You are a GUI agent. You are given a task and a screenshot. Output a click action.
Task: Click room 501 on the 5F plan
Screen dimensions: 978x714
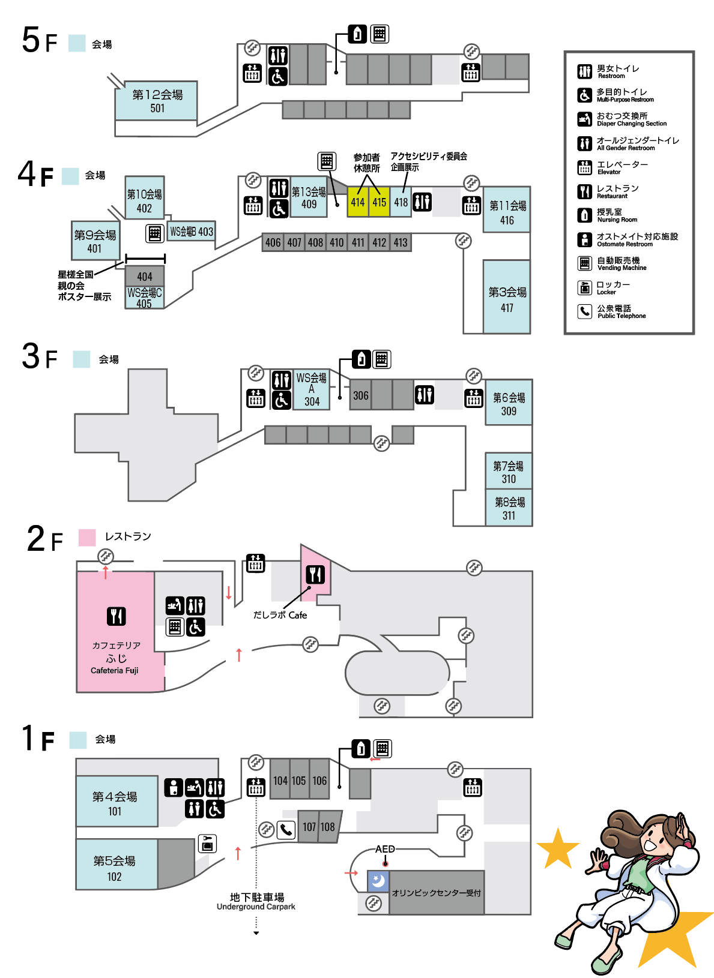coord(156,101)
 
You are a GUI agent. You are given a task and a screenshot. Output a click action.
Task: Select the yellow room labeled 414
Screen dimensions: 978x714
coord(358,202)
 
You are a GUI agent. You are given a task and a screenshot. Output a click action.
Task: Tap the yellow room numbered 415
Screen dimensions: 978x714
coord(379,202)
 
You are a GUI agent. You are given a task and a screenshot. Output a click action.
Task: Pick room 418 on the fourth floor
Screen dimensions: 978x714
coord(401,202)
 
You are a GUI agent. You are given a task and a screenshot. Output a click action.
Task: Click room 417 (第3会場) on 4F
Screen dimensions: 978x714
coord(507,298)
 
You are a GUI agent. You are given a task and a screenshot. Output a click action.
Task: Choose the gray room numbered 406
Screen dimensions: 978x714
coord(273,242)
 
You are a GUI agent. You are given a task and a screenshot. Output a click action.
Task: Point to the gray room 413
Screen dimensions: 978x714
coord(401,242)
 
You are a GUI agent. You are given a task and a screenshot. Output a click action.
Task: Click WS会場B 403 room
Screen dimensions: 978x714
coord(191,231)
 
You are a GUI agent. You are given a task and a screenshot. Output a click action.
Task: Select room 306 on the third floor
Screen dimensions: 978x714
coord(360,395)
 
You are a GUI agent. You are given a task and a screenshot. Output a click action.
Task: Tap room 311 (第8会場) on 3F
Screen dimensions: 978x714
coord(509,508)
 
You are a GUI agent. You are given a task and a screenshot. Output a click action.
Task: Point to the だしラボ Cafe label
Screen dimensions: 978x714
coord(280,615)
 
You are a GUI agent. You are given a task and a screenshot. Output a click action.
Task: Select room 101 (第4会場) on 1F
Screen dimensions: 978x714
coord(116,802)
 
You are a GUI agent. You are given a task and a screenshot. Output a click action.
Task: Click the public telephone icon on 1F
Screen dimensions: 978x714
coord(286,830)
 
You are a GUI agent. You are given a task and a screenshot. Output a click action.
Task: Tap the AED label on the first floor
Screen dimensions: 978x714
coord(385,849)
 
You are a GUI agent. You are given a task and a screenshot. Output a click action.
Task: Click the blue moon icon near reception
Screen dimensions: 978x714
coord(378,881)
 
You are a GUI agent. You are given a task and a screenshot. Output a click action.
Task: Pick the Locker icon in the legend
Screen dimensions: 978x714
coord(584,287)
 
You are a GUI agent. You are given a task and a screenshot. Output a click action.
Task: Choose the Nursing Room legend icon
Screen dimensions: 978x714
coord(584,215)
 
